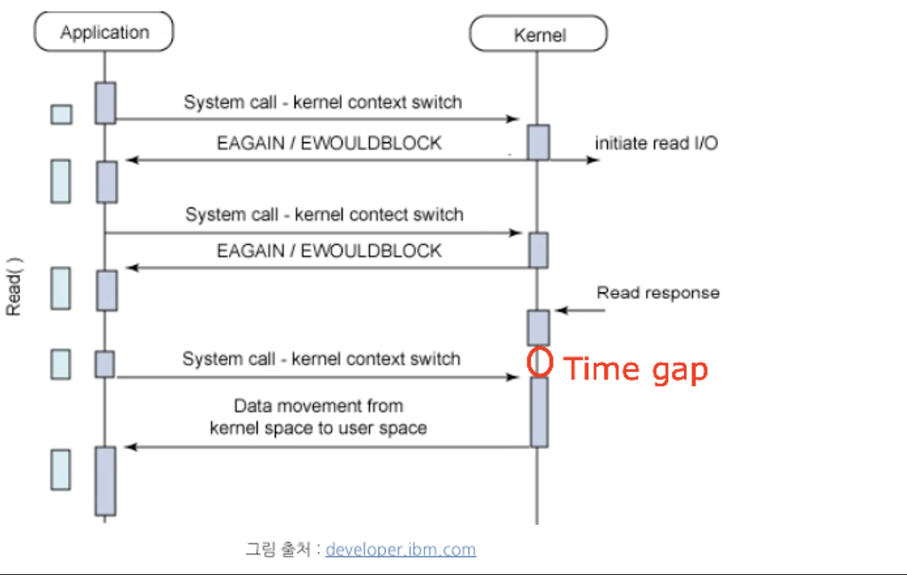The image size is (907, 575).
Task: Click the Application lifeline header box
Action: [x=104, y=32]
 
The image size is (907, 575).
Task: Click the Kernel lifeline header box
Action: [x=539, y=34]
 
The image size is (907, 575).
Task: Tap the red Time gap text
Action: [x=635, y=369]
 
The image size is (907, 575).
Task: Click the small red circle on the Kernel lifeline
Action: [x=539, y=363]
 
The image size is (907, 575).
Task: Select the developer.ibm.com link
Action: [x=400, y=549]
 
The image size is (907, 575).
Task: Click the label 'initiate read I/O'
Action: [x=656, y=143]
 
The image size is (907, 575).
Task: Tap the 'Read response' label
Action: [x=657, y=293]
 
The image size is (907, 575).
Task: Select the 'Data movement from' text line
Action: [x=318, y=406]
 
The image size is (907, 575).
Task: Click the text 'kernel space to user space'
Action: [x=318, y=428]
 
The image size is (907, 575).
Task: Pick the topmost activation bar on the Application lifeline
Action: [x=106, y=103]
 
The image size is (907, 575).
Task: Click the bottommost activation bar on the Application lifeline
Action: [x=106, y=481]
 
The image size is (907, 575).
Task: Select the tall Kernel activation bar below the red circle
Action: [x=539, y=412]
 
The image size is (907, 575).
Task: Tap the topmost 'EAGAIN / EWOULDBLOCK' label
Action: [x=329, y=143]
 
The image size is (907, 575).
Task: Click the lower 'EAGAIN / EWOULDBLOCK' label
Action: [x=329, y=251]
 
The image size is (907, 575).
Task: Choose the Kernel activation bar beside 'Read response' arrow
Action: [x=539, y=327]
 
